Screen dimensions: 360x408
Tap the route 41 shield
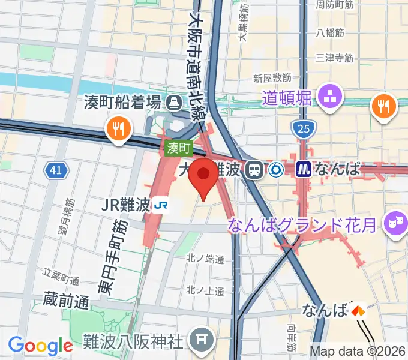coord(56,171)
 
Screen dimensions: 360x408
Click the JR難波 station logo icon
coord(160,205)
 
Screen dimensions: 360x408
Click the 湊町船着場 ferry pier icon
coord(175,101)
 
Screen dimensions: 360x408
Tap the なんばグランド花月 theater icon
coord(395,223)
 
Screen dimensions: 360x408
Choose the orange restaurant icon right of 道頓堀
coord(384,106)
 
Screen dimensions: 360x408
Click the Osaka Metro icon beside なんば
coord(304,170)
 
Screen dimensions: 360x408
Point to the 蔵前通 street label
coord(67,298)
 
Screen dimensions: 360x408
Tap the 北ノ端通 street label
coord(205,260)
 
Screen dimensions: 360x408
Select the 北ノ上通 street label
coord(205,291)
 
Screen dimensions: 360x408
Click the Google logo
coord(40,346)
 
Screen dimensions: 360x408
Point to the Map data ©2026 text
coord(358,352)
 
